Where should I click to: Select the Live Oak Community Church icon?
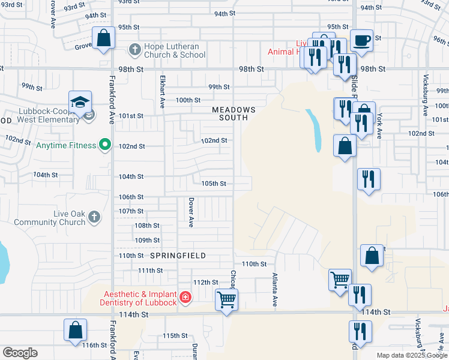(94, 217)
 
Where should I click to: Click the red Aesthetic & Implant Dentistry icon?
(185, 297)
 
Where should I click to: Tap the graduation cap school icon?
(80, 101)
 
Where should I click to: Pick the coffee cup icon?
(361, 40)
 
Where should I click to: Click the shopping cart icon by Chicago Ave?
(227, 299)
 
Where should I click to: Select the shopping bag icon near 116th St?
(76, 330)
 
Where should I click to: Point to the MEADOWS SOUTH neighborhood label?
(234, 114)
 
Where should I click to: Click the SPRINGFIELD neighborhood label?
(178, 256)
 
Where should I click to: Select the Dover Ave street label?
(191, 213)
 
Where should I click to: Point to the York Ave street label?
(379, 127)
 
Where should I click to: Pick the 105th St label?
(214, 184)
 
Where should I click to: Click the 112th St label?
(205, 282)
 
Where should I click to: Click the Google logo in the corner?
(20, 353)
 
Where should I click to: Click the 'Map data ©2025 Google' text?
(411, 355)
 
